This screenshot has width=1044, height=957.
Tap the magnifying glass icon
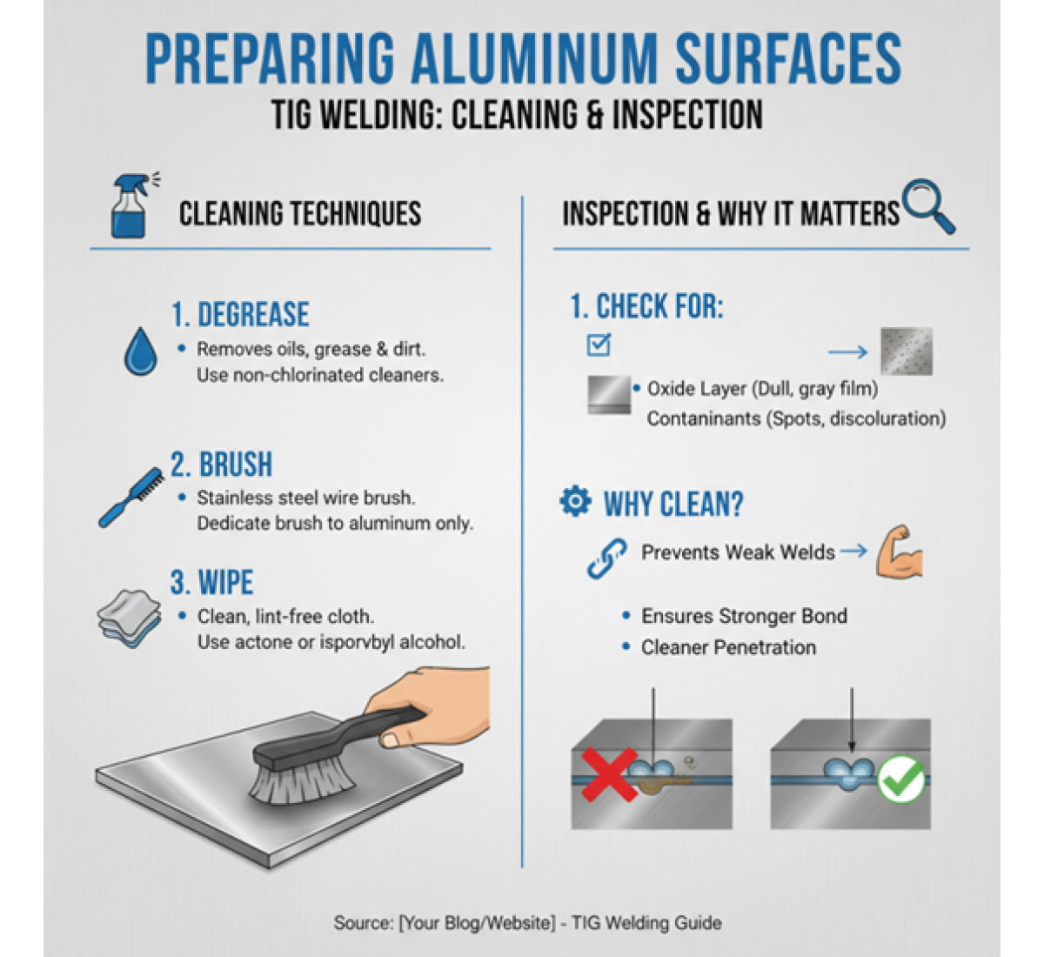[x=928, y=205]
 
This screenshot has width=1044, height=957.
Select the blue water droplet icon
[x=141, y=351]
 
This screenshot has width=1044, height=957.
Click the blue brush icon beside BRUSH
[x=131, y=498]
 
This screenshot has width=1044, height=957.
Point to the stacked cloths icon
[x=129, y=618]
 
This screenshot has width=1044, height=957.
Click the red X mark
[x=609, y=774]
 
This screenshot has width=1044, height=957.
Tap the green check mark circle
[x=900, y=780]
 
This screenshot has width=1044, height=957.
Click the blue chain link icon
[x=606, y=559]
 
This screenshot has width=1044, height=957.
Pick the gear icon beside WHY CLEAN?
[x=575, y=501]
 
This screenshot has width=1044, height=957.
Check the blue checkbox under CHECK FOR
[x=599, y=345]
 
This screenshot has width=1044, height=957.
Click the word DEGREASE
[x=253, y=314]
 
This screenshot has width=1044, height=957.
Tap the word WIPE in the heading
[x=226, y=582]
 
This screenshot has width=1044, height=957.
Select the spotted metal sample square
[x=906, y=351]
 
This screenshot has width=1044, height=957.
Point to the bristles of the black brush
[x=300, y=782]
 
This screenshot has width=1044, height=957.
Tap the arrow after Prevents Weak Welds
[x=853, y=551]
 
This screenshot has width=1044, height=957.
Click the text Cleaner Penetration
[x=728, y=647]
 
